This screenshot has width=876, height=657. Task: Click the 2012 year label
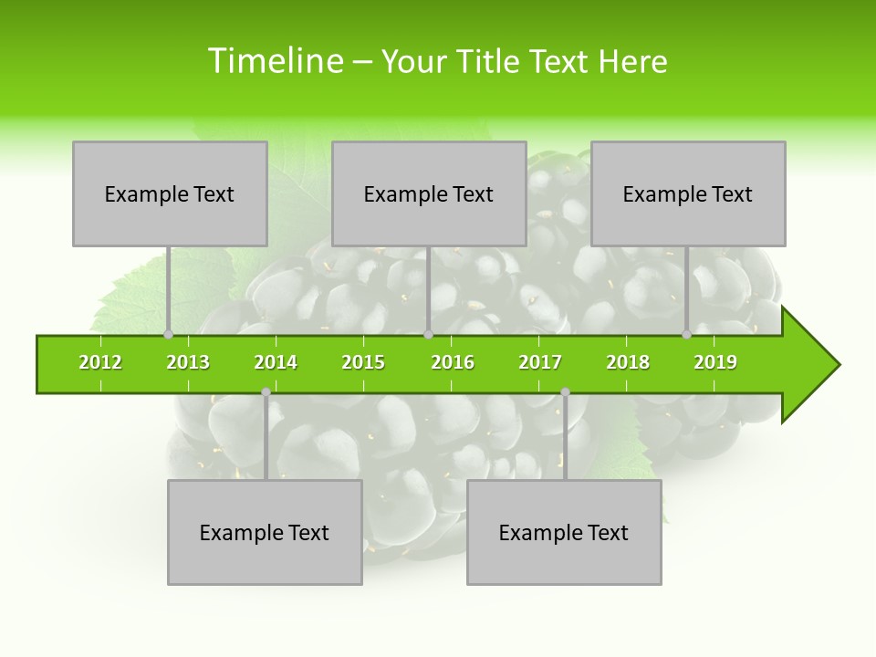(x=100, y=362)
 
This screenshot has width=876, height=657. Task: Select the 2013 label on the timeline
(x=188, y=362)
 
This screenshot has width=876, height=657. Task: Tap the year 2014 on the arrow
(x=276, y=362)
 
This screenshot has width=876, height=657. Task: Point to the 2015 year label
(x=363, y=362)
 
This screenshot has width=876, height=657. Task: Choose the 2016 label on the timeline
(x=453, y=362)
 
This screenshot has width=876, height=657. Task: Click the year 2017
(x=540, y=362)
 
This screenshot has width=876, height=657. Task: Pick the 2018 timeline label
(x=628, y=362)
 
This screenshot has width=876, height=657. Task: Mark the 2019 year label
(x=715, y=362)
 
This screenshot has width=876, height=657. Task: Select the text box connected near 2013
(x=170, y=193)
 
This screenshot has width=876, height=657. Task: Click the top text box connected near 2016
(x=429, y=193)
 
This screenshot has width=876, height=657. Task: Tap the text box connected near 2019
(x=688, y=193)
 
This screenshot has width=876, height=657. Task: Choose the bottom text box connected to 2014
(x=265, y=533)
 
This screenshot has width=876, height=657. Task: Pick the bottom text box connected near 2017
(x=564, y=533)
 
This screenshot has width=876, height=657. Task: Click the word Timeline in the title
(x=274, y=61)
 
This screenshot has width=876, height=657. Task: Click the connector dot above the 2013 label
(x=168, y=334)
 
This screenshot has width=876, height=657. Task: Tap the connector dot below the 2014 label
(x=266, y=392)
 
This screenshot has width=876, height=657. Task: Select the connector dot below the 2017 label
(x=565, y=392)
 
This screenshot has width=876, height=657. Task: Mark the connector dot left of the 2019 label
(x=686, y=334)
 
